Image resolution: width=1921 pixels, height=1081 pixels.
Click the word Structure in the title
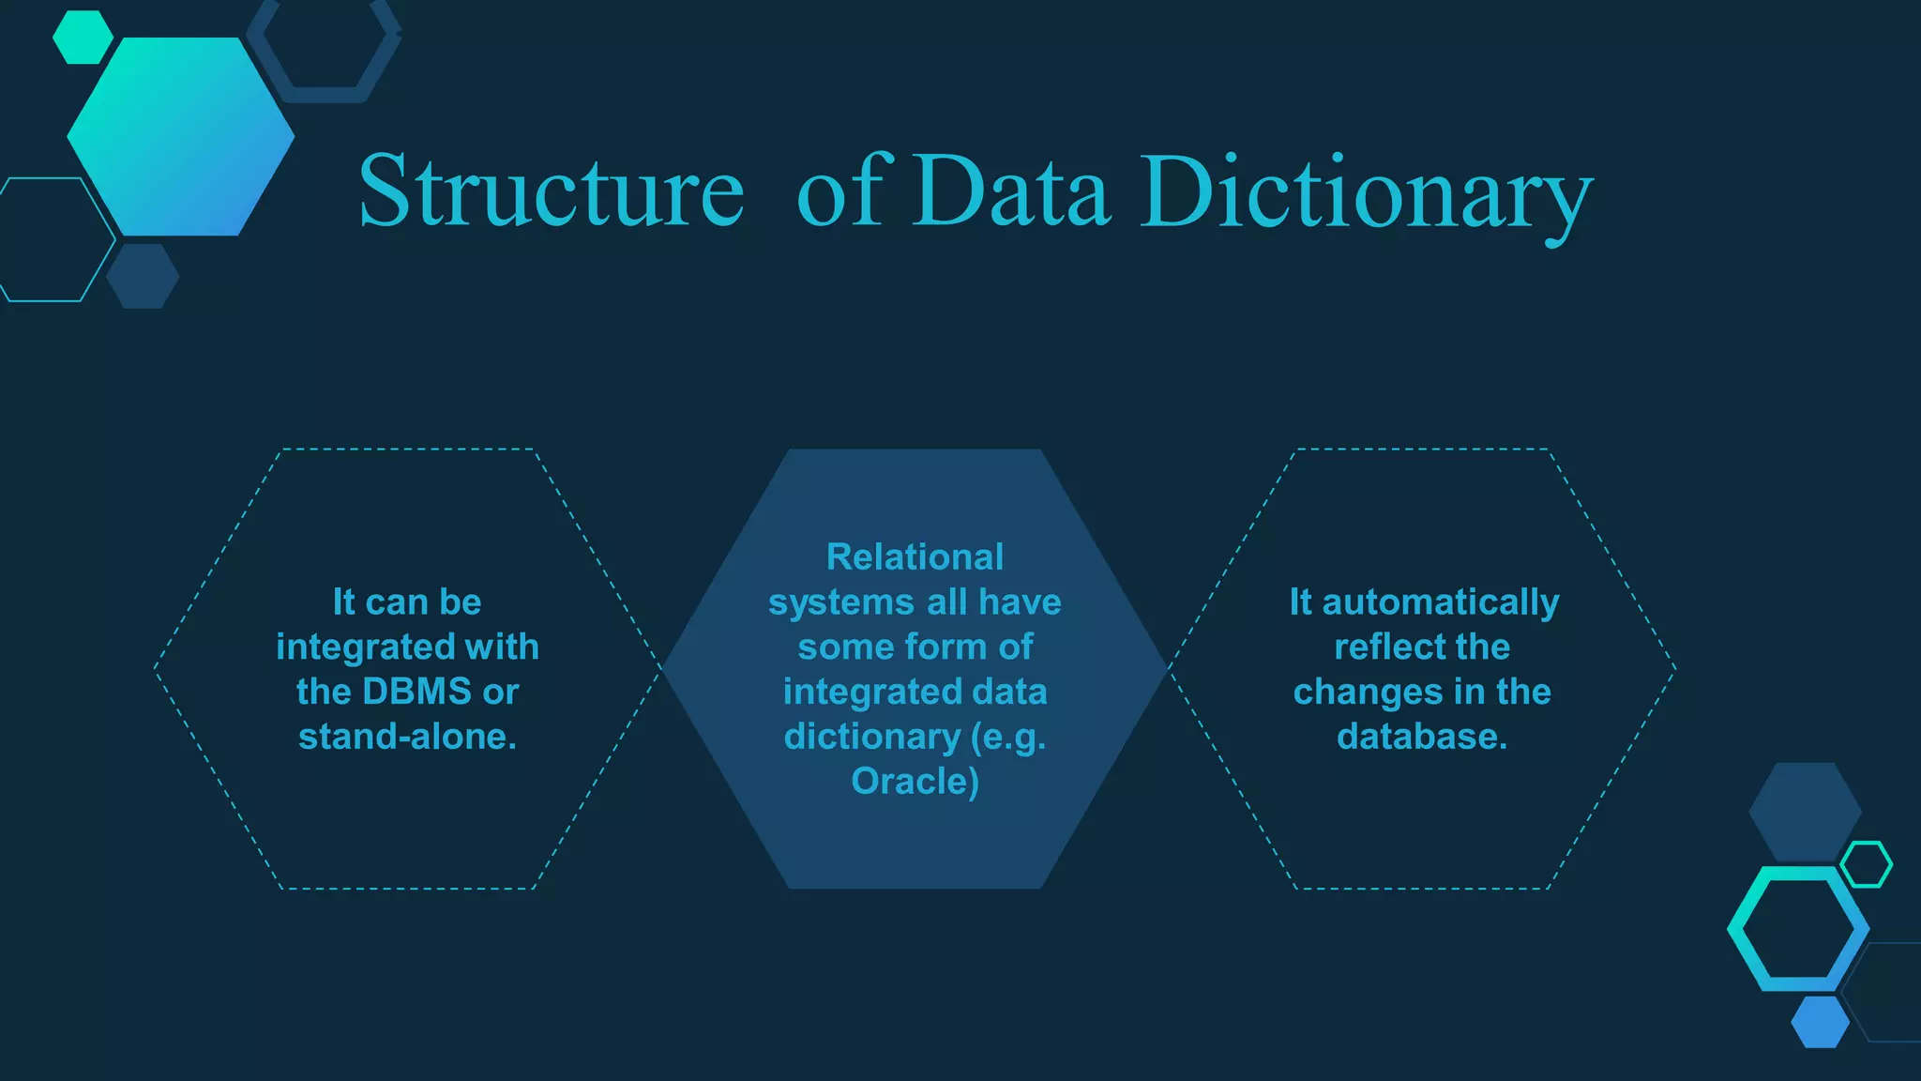point(551,191)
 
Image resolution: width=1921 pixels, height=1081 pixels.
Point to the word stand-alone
point(407,737)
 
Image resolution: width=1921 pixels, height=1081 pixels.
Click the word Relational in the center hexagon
point(915,556)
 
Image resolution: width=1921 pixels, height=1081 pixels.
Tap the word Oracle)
point(915,781)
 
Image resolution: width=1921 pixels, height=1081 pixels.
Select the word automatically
point(1441,602)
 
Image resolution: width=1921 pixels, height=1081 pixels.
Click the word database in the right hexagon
point(1417,737)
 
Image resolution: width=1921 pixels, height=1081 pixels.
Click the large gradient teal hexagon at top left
point(180,136)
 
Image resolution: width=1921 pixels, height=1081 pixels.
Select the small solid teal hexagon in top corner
point(83,37)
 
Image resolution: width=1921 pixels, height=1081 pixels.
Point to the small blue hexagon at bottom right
point(1820,1022)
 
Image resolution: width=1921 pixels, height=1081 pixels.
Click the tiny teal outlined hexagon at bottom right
point(1866,864)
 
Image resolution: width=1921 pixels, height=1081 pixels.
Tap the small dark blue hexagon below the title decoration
point(143,276)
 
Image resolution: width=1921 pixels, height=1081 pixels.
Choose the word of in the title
point(839,191)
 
